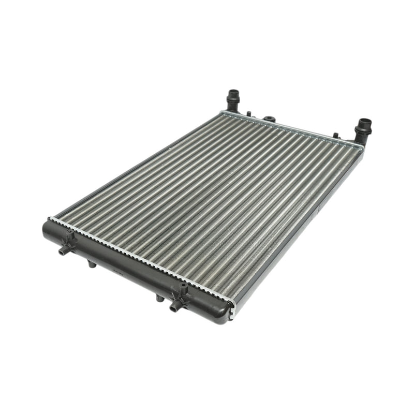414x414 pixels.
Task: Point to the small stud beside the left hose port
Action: (x=249, y=112)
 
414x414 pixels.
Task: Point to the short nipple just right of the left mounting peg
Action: (x=92, y=264)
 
